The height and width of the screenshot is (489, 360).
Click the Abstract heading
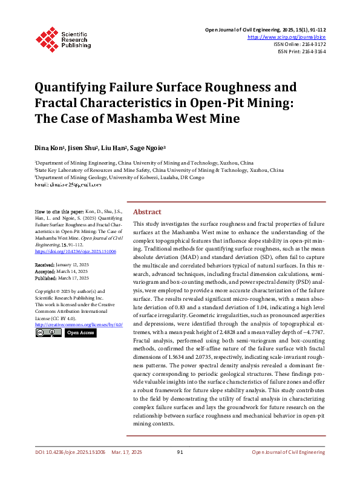click(x=146, y=212)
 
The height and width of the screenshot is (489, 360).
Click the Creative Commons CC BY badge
click(x=48, y=332)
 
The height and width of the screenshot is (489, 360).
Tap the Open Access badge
click(x=80, y=332)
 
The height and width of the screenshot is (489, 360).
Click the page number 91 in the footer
click(x=180, y=468)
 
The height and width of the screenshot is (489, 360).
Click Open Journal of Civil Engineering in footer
click(x=288, y=468)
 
